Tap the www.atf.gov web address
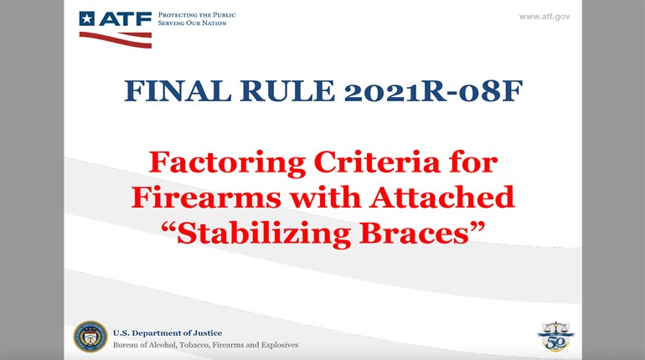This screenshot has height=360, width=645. pos(544,16)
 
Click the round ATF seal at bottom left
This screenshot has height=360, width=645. pos(90,337)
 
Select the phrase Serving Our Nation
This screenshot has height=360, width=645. pos(190,23)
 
